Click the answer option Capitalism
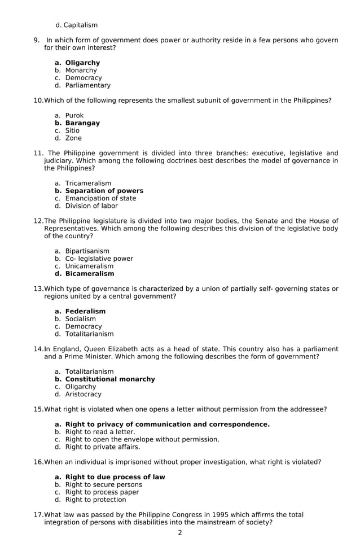[80, 25]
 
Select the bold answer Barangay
[82, 123]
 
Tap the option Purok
[74, 116]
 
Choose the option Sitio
[72, 130]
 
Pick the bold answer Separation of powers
[104, 191]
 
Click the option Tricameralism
[88, 183]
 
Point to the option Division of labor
[91, 206]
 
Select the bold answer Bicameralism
[89, 274]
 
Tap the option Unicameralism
[89, 266]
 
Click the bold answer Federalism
[85, 311]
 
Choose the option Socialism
[80, 319]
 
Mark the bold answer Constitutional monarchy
[110, 379]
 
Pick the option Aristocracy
[83, 395]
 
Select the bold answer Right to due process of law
[115, 477]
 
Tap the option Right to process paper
[102, 492]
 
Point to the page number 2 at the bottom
[180, 533]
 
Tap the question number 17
[38, 515]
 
